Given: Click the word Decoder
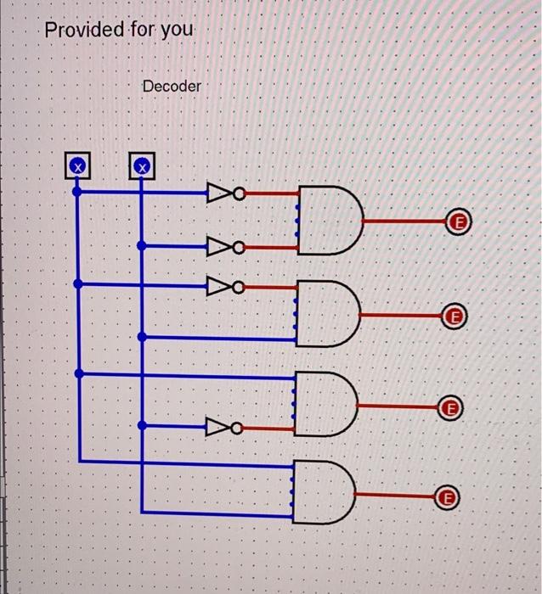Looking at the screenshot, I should [172, 87].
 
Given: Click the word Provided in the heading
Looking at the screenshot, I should [83, 31].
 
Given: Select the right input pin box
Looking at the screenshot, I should [142, 165].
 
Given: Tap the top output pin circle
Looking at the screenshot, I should [460, 222].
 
